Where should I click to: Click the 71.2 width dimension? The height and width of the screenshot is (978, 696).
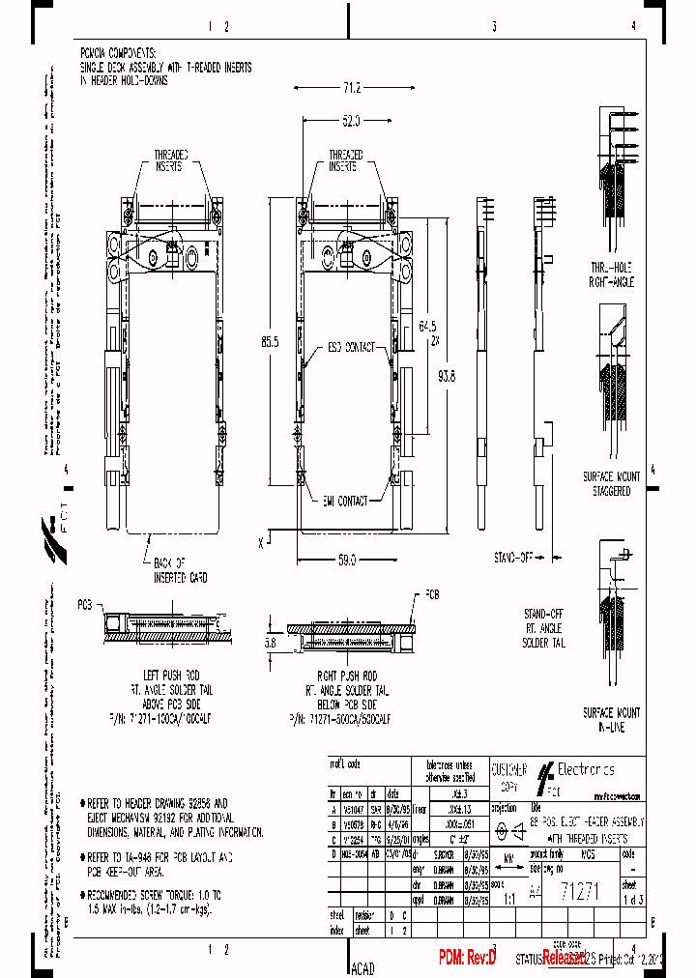tap(350, 89)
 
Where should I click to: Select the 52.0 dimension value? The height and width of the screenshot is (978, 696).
tap(350, 122)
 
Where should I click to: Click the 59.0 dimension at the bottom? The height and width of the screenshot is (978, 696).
tap(346, 559)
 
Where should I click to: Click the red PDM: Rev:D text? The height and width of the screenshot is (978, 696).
tap(467, 958)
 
